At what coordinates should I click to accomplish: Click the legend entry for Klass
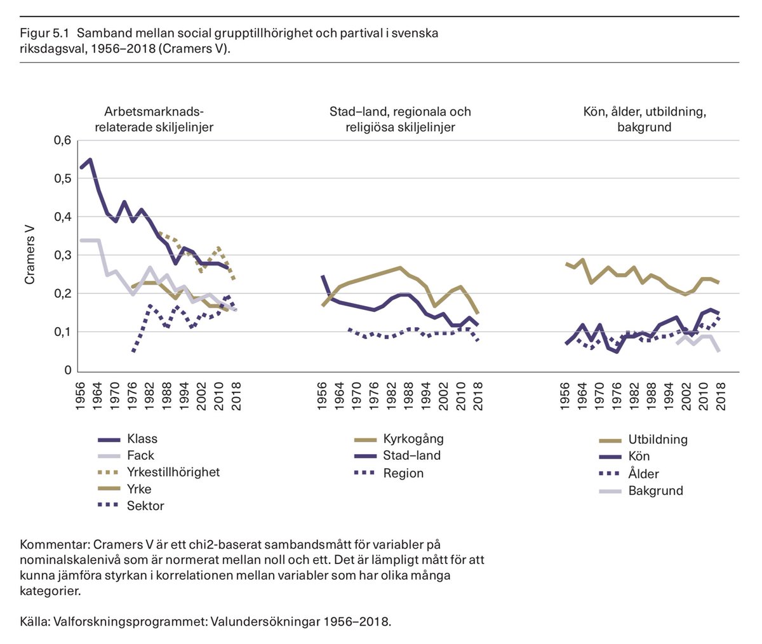(x=142, y=439)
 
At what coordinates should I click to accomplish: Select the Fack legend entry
(x=140, y=455)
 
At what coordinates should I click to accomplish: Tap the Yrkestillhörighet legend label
(x=173, y=473)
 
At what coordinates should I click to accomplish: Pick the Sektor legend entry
(x=145, y=506)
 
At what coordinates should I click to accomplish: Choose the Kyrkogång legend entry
(x=413, y=439)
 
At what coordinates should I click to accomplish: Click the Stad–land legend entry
(x=411, y=455)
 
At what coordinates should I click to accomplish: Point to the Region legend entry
(x=403, y=473)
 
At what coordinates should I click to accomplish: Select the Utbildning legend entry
(x=657, y=439)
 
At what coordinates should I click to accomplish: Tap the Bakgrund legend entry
(x=655, y=491)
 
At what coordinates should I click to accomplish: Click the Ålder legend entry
(x=643, y=474)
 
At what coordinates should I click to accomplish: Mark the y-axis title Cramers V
(x=30, y=255)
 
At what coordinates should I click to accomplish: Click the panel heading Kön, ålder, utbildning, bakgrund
(x=645, y=119)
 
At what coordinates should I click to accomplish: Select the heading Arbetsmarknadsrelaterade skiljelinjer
(x=154, y=119)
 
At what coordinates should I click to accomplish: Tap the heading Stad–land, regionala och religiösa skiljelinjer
(x=400, y=119)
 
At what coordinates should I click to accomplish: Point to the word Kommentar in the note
(x=53, y=545)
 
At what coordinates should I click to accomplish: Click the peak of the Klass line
(x=90, y=159)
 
